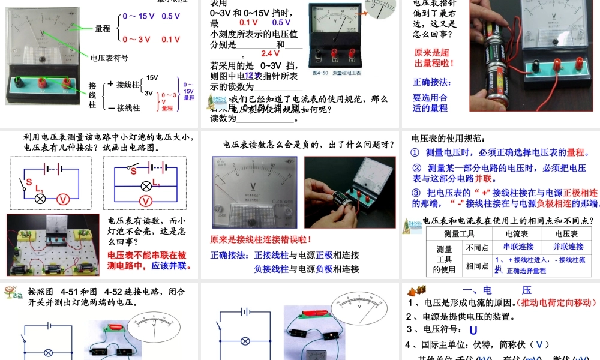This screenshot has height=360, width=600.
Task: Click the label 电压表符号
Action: click(x=109, y=58)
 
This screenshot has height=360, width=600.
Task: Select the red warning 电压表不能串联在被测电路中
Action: click(x=147, y=260)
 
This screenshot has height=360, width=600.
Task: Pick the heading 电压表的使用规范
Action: click(x=442, y=139)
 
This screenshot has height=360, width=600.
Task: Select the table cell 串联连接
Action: click(x=518, y=247)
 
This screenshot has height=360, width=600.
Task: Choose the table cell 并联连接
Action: click(x=568, y=247)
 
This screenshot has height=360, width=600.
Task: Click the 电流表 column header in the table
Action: click(x=517, y=233)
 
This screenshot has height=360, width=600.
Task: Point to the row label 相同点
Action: click(x=477, y=266)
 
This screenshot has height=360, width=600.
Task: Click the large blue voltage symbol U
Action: click(x=473, y=330)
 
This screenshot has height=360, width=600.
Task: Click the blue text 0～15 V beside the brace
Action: click(x=138, y=16)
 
